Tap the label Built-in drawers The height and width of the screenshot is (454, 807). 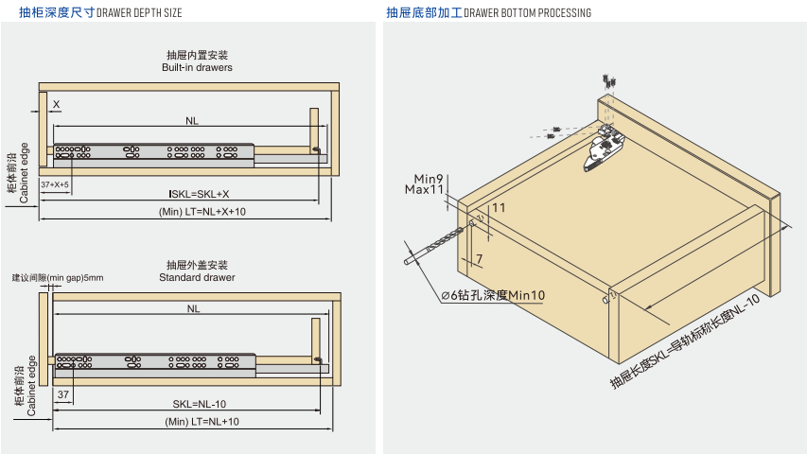197,68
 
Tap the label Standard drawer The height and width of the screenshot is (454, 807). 197,278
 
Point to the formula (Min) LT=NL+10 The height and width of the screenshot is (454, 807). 202,422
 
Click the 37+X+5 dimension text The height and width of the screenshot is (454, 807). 55,185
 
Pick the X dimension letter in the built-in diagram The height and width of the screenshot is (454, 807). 56,104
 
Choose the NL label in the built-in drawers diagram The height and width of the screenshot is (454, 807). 192,121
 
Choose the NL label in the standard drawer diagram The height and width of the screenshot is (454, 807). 193,309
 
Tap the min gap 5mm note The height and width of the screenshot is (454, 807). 58,278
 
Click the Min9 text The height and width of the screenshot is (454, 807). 429,178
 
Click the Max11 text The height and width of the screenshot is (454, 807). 425,189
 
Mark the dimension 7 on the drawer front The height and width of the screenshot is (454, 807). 480,258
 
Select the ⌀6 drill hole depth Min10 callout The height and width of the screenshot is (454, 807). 493,295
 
